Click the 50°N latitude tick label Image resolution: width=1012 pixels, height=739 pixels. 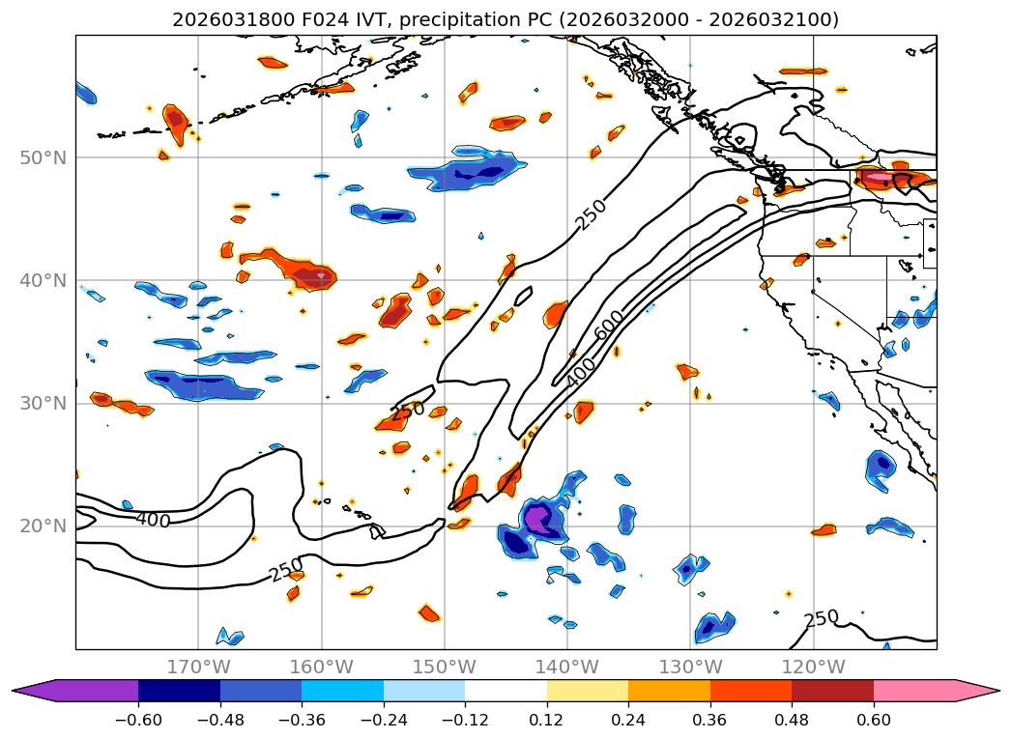(43, 157)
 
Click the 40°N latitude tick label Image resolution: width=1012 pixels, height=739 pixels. (43, 280)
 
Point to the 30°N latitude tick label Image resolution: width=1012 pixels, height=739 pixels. (43, 404)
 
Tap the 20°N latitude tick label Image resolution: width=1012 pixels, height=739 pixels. (43, 526)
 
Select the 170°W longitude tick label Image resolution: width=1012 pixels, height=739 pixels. (198, 667)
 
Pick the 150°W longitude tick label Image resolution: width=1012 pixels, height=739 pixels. (445, 667)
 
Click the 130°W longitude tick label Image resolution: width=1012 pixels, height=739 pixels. (690, 667)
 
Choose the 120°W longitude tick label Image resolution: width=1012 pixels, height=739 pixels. (813, 667)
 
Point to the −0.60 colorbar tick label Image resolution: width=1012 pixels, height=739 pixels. (138, 721)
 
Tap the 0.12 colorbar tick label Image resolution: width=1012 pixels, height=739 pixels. (546, 721)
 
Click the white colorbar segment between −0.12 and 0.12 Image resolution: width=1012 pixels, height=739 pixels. (506, 691)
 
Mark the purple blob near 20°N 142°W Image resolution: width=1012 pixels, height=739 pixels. (542, 520)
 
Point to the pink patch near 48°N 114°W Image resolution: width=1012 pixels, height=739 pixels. (880, 177)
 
